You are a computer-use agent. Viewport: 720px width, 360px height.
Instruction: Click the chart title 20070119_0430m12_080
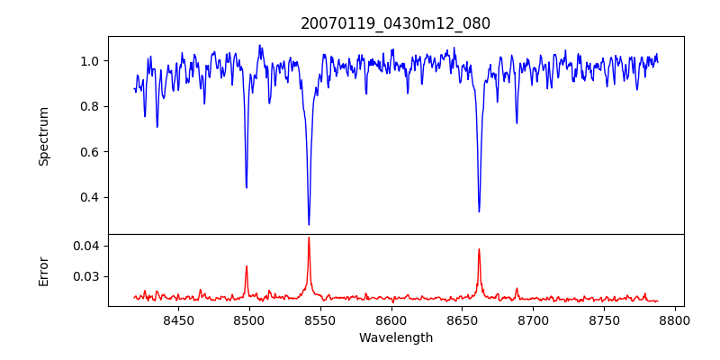[x=396, y=23]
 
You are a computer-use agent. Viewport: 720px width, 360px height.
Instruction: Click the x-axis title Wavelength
[x=396, y=337]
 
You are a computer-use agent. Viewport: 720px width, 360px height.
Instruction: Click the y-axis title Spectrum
[x=43, y=136]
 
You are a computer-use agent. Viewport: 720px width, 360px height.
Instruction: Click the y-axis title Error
[x=43, y=270]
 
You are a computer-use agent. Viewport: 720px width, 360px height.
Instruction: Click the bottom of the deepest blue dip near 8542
[x=309, y=224]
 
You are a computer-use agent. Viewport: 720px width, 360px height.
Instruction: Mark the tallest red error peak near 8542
[x=309, y=238]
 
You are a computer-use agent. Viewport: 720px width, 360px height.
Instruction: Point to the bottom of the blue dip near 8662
[x=479, y=211]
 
